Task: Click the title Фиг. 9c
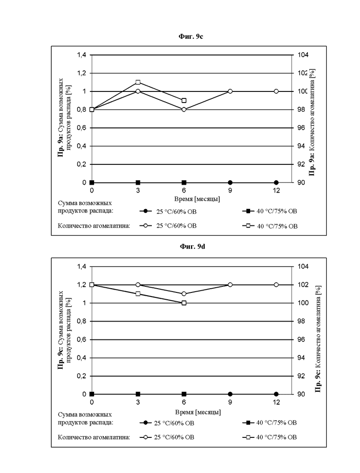click(191, 36)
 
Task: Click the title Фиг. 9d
click(192, 247)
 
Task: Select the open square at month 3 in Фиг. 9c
click(138, 82)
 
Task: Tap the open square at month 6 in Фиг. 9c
click(184, 100)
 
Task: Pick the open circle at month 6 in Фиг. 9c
click(184, 109)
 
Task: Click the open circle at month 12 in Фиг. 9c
click(276, 91)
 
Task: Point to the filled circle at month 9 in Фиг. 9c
click(230, 182)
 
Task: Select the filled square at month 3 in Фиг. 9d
click(138, 394)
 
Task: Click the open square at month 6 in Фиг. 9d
click(184, 303)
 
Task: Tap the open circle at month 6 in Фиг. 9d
click(184, 294)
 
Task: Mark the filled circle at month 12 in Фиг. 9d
click(276, 394)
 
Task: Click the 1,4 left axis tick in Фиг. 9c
click(82, 55)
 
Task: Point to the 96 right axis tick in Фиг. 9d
click(301, 340)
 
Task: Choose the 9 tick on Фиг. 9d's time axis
click(230, 402)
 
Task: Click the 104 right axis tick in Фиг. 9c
click(303, 55)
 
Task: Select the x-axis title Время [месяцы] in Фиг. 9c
click(197, 199)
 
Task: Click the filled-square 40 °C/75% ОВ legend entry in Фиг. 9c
click(270, 211)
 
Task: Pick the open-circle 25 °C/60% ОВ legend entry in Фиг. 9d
click(167, 437)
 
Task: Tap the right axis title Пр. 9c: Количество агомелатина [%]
click(318, 339)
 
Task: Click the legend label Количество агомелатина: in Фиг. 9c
click(94, 225)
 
